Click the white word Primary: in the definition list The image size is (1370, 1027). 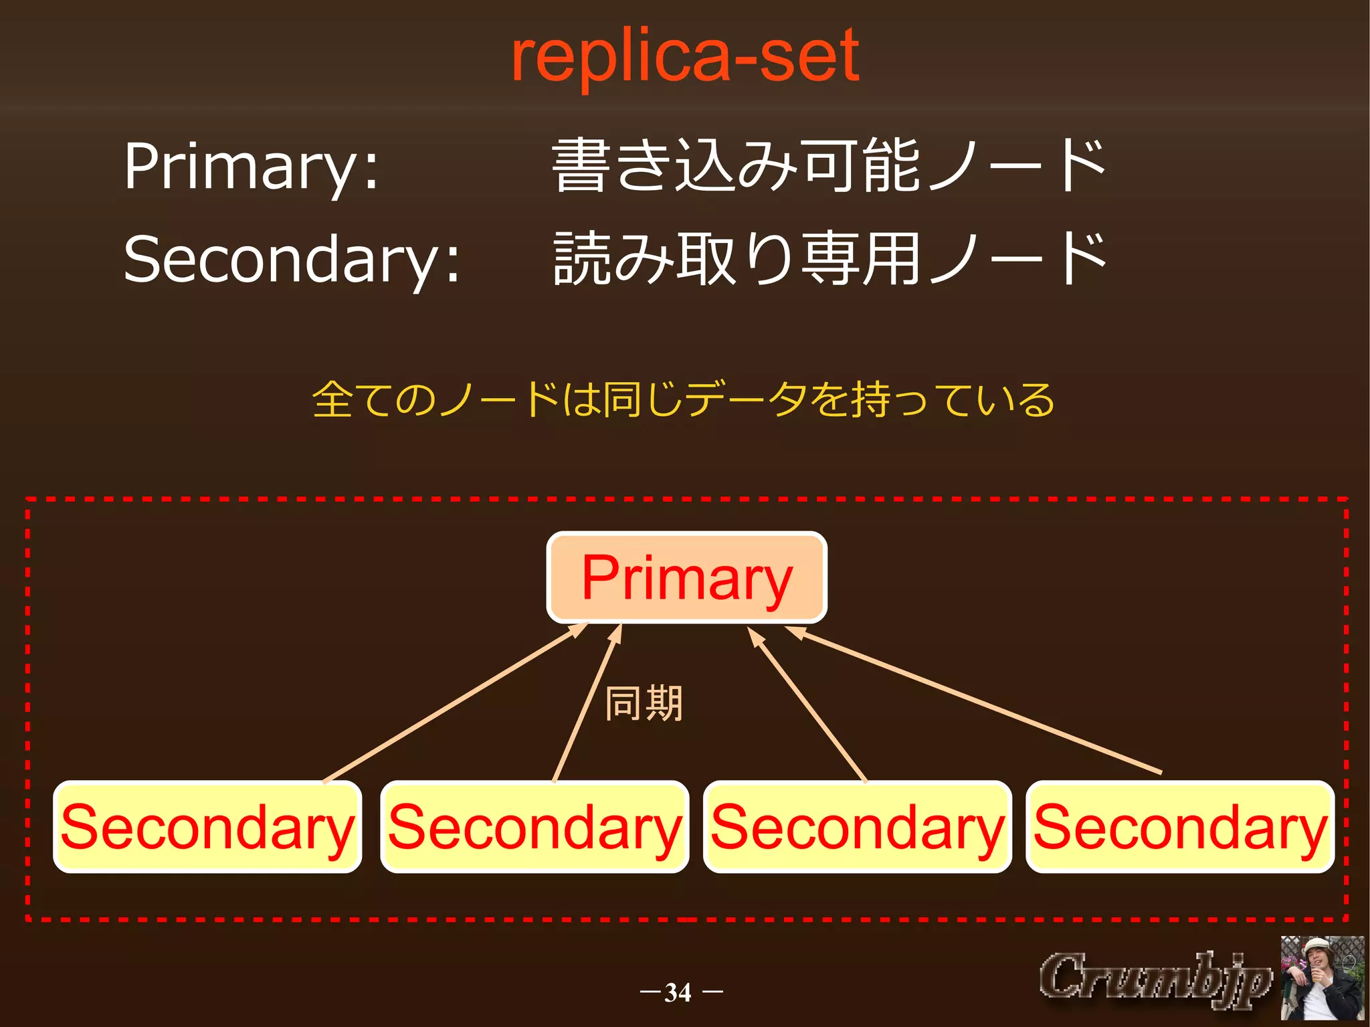[251, 167]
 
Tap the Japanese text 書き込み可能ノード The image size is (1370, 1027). [829, 166]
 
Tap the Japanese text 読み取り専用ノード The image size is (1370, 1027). [829, 260]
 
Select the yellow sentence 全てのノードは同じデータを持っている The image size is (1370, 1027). [684, 400]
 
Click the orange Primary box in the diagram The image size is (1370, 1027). [687, 578]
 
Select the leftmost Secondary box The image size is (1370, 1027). [207, 827]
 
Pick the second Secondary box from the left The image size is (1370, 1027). [534, 827]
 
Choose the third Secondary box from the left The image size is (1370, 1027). [857, 827]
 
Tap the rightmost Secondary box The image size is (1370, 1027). [1180, 827]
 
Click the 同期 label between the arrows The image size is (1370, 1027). [644, 704]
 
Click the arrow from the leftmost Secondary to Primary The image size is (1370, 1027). [455, 703]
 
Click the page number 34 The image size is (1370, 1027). [678, 992]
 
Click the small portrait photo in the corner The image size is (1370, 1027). [1322, 978]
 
